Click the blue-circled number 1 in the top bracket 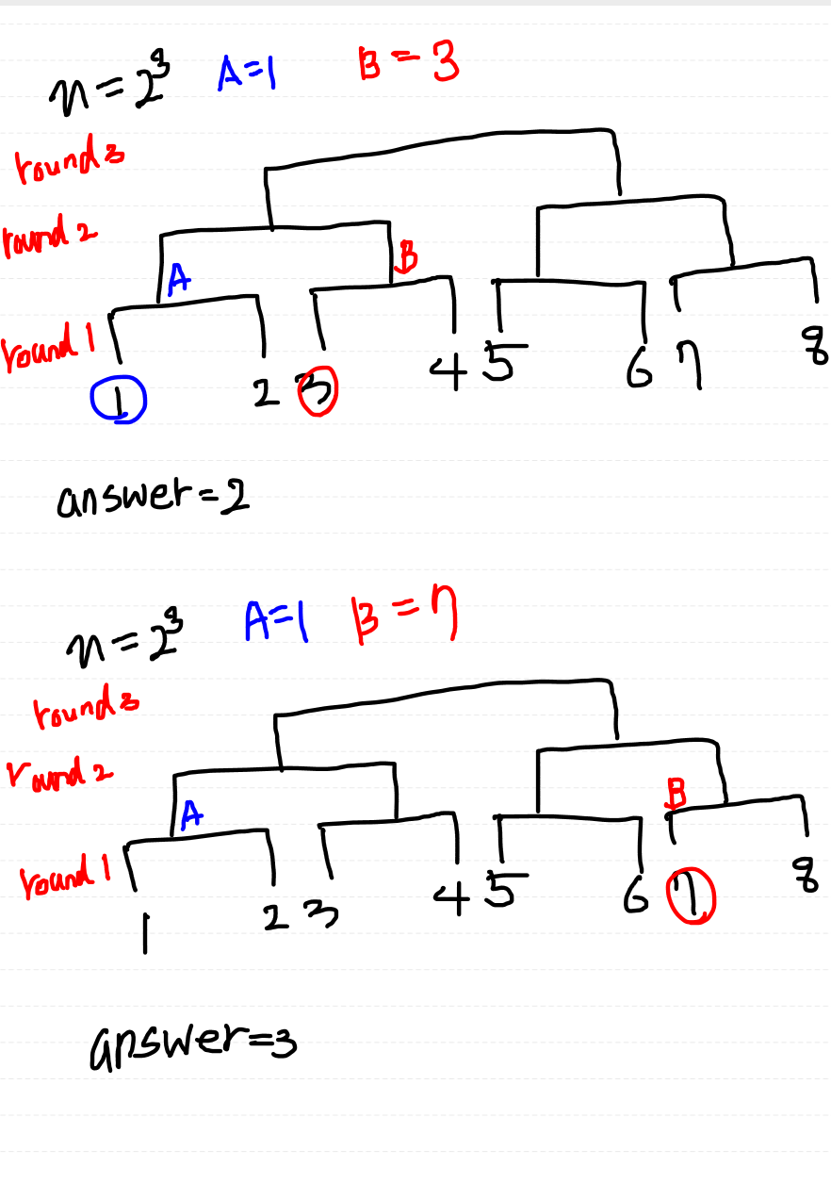118,403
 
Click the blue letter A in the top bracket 178,280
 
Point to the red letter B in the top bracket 407,255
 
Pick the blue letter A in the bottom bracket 190,816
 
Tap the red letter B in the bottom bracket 676,792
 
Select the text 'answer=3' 192,1043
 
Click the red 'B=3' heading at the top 408,66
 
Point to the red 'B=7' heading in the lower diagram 403,620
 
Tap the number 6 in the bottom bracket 634,897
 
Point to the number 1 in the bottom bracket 144,930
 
